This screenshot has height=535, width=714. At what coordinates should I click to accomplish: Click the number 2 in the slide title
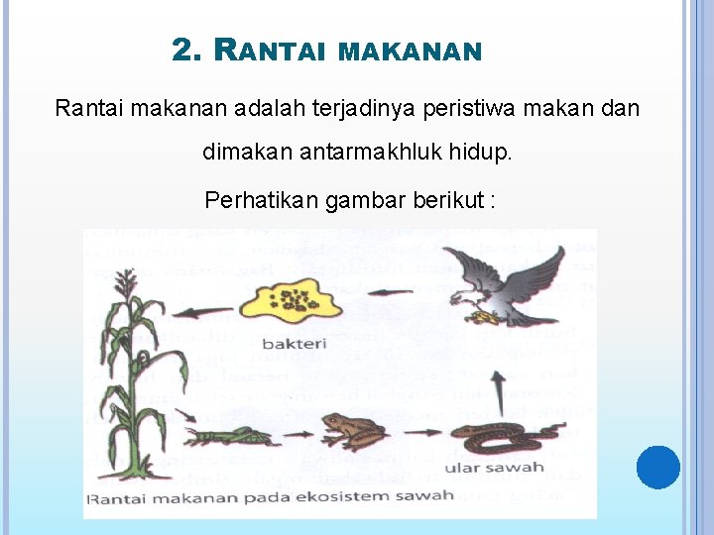182,51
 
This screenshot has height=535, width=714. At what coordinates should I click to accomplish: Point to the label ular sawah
493,467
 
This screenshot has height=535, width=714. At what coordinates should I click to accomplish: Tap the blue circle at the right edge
658,468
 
